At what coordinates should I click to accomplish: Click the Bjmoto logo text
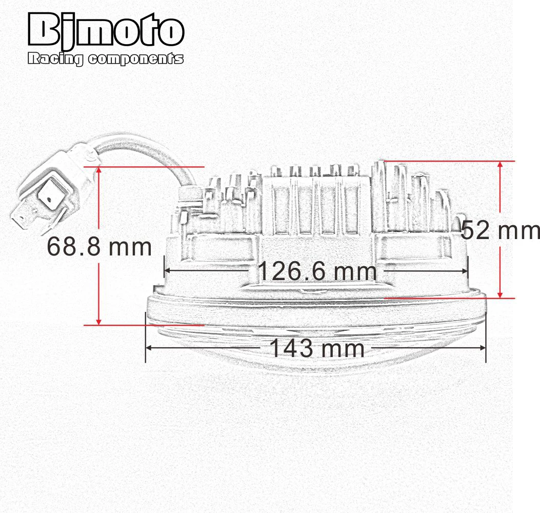pyautogui.click(x=106, y=29)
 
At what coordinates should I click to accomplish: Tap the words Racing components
pyautogui.click(x=105, y=59)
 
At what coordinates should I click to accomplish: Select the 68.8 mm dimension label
pyautogui.click(x=99, y=247)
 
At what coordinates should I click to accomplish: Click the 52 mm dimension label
pyautogui.click(x=501, y=230)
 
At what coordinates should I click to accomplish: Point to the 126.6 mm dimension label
pyautogui.click(x=317, y=271)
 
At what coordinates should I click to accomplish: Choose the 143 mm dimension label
pyautogui.click(x=317, y=348)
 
